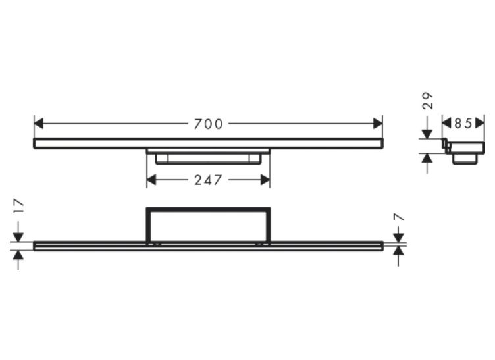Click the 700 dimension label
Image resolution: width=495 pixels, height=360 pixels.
[x=208, y=124]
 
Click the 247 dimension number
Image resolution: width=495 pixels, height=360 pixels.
[x=208, y=180]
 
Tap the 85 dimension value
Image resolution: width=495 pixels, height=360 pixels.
[x=463, y=123]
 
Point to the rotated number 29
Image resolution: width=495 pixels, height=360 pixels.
[x=428, y=101]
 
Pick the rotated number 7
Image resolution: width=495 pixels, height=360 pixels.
[x=399, y=217]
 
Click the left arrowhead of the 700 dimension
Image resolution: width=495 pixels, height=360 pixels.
[x=38, y=124]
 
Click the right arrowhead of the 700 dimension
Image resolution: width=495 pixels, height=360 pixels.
[x=378, y=124]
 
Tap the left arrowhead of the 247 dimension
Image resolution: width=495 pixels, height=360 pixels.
[x=151, y=180]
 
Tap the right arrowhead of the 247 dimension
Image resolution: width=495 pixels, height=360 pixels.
[x=265, y=180]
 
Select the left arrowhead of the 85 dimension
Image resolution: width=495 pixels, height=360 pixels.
[x=446, y=123]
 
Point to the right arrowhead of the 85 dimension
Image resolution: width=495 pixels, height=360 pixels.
[x=480, y=123]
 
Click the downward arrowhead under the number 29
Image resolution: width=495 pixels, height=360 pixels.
[x=428, y=134]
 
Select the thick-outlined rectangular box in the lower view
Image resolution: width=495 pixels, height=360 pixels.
[x=208, y=224]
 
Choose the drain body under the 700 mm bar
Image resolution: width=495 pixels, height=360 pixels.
[x=208, y=157]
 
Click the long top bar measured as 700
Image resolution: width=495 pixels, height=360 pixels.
[x=208, y=143]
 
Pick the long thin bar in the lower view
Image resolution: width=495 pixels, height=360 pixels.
[x=208, y=245]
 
